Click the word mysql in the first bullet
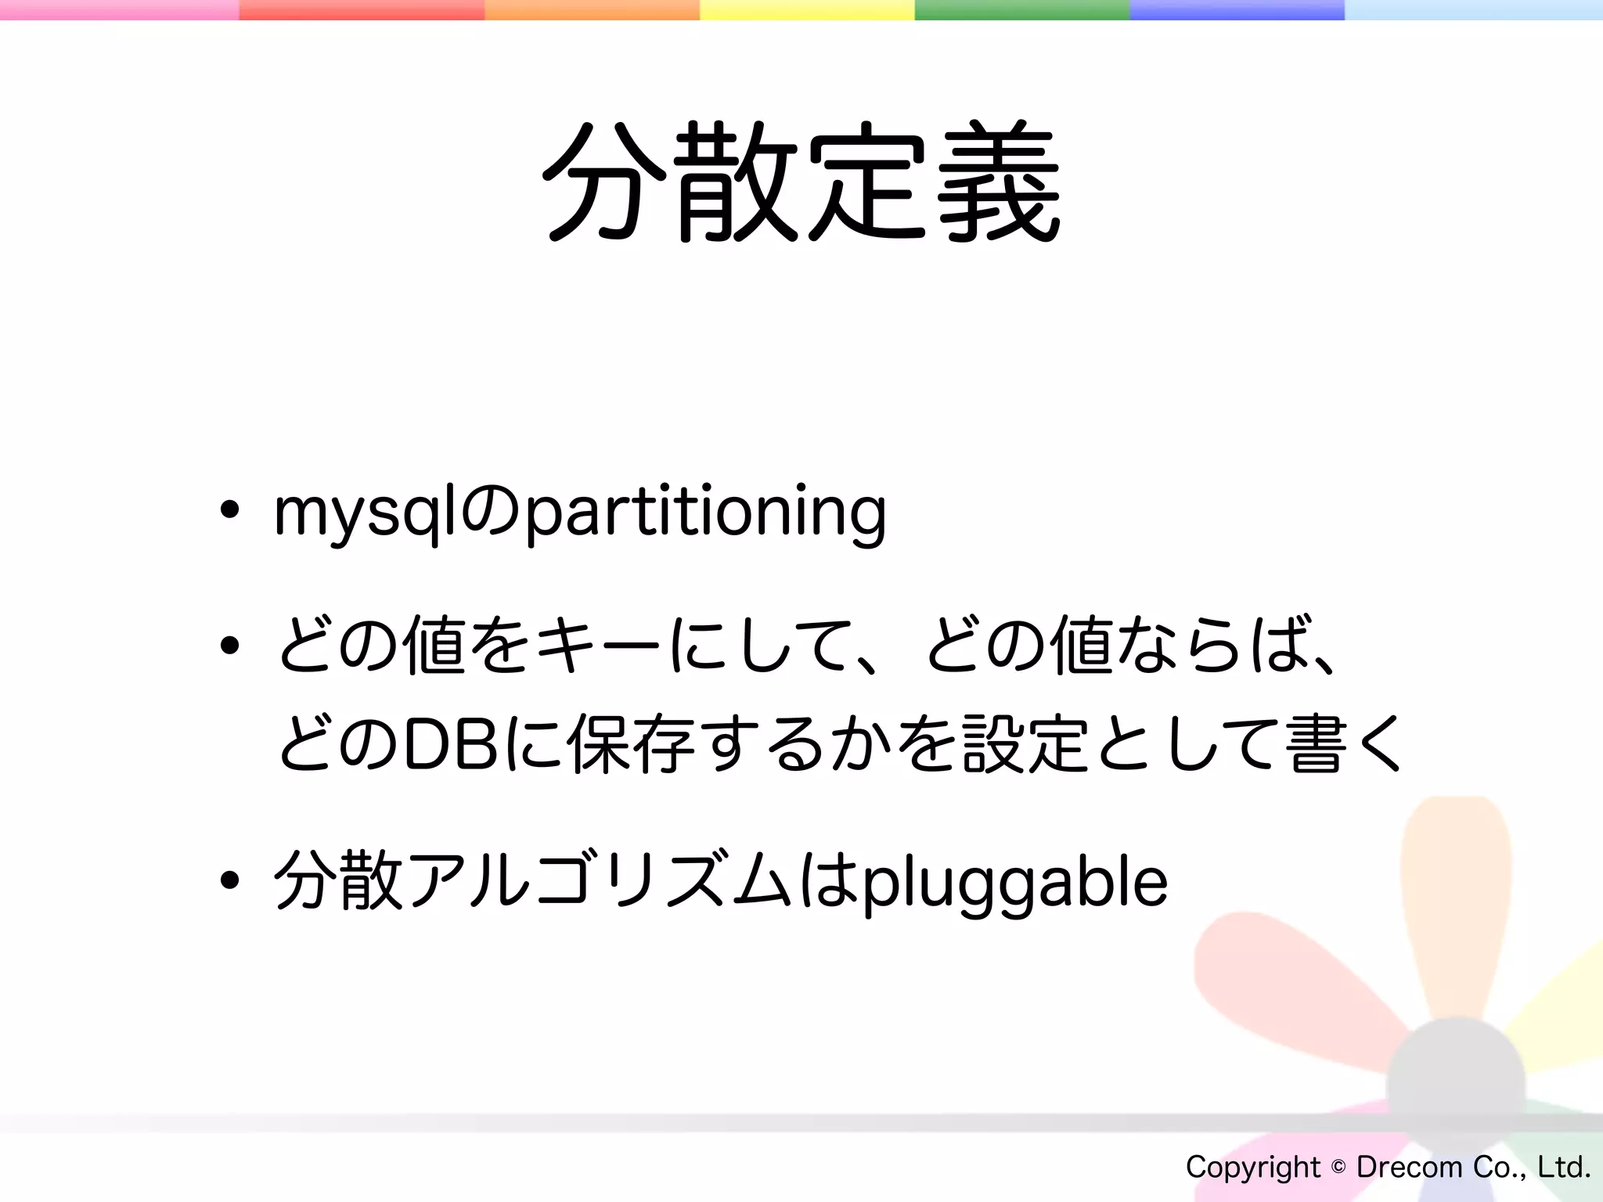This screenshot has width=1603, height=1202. [364, 513]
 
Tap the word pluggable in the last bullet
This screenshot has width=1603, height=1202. [1014, 883]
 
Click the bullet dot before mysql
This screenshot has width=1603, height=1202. [229, 510]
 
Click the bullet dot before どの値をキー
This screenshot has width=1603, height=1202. [229, 646]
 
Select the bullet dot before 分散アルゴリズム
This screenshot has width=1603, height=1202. [229, 880]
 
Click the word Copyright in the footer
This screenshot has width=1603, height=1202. [1252, 1168]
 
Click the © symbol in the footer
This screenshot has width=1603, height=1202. [1338, 1167]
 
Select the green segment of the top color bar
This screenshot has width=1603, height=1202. [1021, 9]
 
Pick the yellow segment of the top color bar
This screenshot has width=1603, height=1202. [806, 9]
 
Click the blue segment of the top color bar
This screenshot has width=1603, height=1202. [1237, 9]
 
